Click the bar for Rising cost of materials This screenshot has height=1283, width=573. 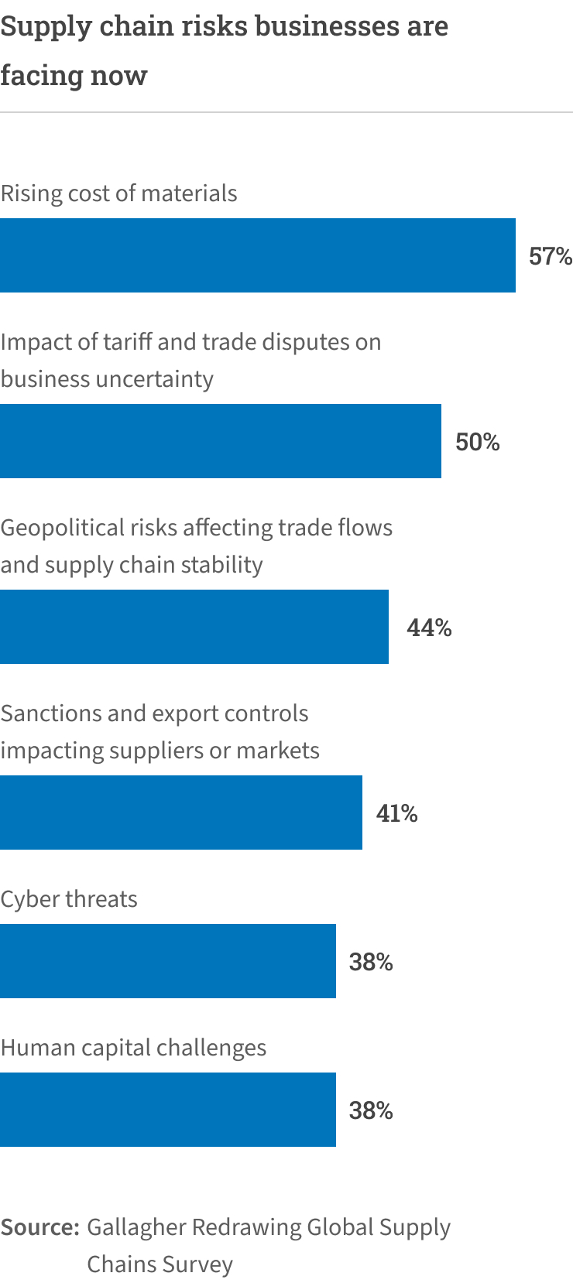point(258,255)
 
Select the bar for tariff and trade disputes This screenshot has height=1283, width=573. point(221,441)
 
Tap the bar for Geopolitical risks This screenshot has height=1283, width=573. point(194,627)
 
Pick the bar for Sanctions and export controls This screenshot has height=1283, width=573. point(181,813)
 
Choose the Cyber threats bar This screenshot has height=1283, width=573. point(168,961)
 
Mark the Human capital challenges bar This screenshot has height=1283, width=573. point(168,1110)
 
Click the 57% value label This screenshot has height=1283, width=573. point(550,256)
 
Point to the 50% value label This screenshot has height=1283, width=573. point(477,442)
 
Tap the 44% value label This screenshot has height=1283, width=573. point(429,628)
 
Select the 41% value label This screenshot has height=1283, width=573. point(396,813)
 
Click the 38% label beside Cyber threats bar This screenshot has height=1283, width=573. point(371,962)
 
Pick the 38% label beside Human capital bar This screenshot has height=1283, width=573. point(371,1110)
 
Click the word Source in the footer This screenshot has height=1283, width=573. point(39,1227)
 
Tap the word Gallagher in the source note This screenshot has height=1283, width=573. point(136,1228)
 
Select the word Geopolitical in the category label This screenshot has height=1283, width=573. point(62,528)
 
